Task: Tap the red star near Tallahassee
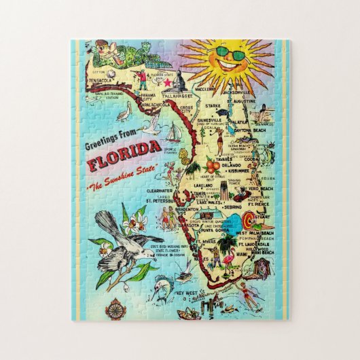[x=166, y=82]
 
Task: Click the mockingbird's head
[x=104, y=219]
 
